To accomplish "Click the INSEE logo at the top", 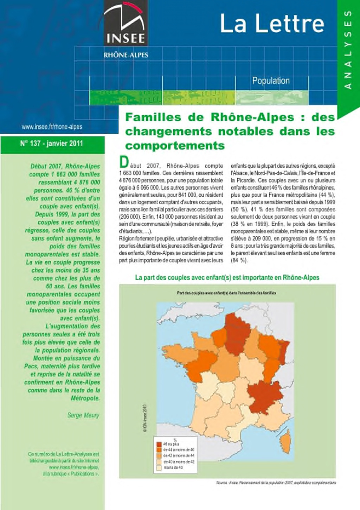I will pyautogui.click(x=125, y=25).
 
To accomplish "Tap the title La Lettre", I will pyautogui.click(x=271, y=24).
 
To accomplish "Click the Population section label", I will pyautogui.click(x=271, y=81).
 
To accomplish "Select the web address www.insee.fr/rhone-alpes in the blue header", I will pyautogui.click(x=52, y=127).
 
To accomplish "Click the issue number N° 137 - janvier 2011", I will pyautogui.click(x=52, y=143).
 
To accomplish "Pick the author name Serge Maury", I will pyautogui.click(x=83, y=415).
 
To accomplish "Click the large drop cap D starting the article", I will pyautogui.click(x=123, y=162).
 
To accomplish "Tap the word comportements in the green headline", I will pyautogui.click(x=175, y=146).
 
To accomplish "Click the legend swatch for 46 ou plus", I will pyautogui.click(x=159, y=444).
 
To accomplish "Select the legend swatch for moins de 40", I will pyautogui.click(x=159, y=467).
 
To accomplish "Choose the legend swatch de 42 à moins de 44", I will pyautogui.click(x=159, y=456).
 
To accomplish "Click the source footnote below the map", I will pyautogui.click(x=276, y=483).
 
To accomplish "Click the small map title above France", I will pyautogui.click(x=226, y=293).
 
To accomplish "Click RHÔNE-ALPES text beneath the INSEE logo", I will pyautogui.click(x=126, y=55).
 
